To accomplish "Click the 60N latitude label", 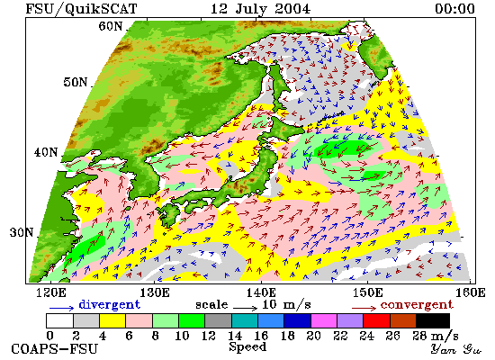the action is (110, 26).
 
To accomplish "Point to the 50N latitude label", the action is (75, 82).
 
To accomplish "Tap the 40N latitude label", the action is (46, 152).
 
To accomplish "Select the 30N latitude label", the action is (22, 233).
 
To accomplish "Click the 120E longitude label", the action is (51, 292).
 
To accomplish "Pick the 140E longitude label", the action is (261, 292).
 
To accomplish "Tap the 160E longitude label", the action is (471, 292).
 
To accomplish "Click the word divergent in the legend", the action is (109, 304).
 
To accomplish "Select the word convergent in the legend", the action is (417, 305).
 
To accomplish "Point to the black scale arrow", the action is (246, 307).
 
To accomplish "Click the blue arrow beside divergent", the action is (61, 308).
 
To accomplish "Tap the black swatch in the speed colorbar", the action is (433, 320).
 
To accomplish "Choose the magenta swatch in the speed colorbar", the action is (324, 320).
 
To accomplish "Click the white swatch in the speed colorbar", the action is (60, 320).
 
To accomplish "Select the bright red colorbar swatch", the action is (376, 320).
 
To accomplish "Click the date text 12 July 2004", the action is (261, 8).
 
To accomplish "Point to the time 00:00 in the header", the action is (454, 8).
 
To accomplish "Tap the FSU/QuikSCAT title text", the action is (81, 9).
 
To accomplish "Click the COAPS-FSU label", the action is (54, 349).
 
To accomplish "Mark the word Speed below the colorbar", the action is (247, 347).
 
